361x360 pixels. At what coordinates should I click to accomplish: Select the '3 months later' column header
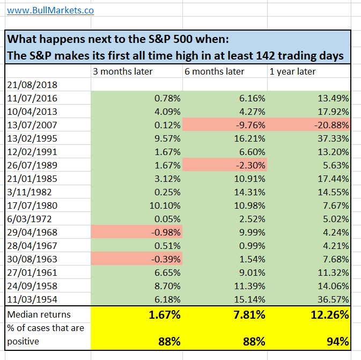click(122, 71)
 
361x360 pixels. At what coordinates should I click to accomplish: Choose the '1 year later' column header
click(292, 71)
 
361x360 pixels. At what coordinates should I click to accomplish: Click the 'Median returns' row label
click(39, 314)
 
